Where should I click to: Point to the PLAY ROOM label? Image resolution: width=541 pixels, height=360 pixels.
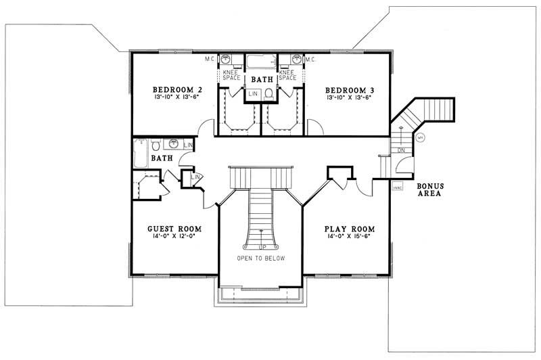[x=350, y=229]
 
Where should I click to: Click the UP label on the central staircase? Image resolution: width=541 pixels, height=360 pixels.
[x=261, y=246]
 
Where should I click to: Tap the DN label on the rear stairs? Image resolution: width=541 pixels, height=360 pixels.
[x=401, y=150]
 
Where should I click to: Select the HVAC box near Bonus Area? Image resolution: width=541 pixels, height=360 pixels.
[x=398, y=187]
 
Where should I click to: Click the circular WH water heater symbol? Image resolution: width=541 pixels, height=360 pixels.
[x=419, y=138]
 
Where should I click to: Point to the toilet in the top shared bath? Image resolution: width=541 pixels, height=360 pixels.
[x=268, y=93]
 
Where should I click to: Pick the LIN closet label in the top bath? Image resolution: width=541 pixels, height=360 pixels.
[x=252, y=93]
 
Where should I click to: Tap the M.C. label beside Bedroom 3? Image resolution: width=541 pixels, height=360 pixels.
[x=310, y=60]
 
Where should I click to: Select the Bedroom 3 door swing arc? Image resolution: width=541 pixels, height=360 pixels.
[x=313, y=126]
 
